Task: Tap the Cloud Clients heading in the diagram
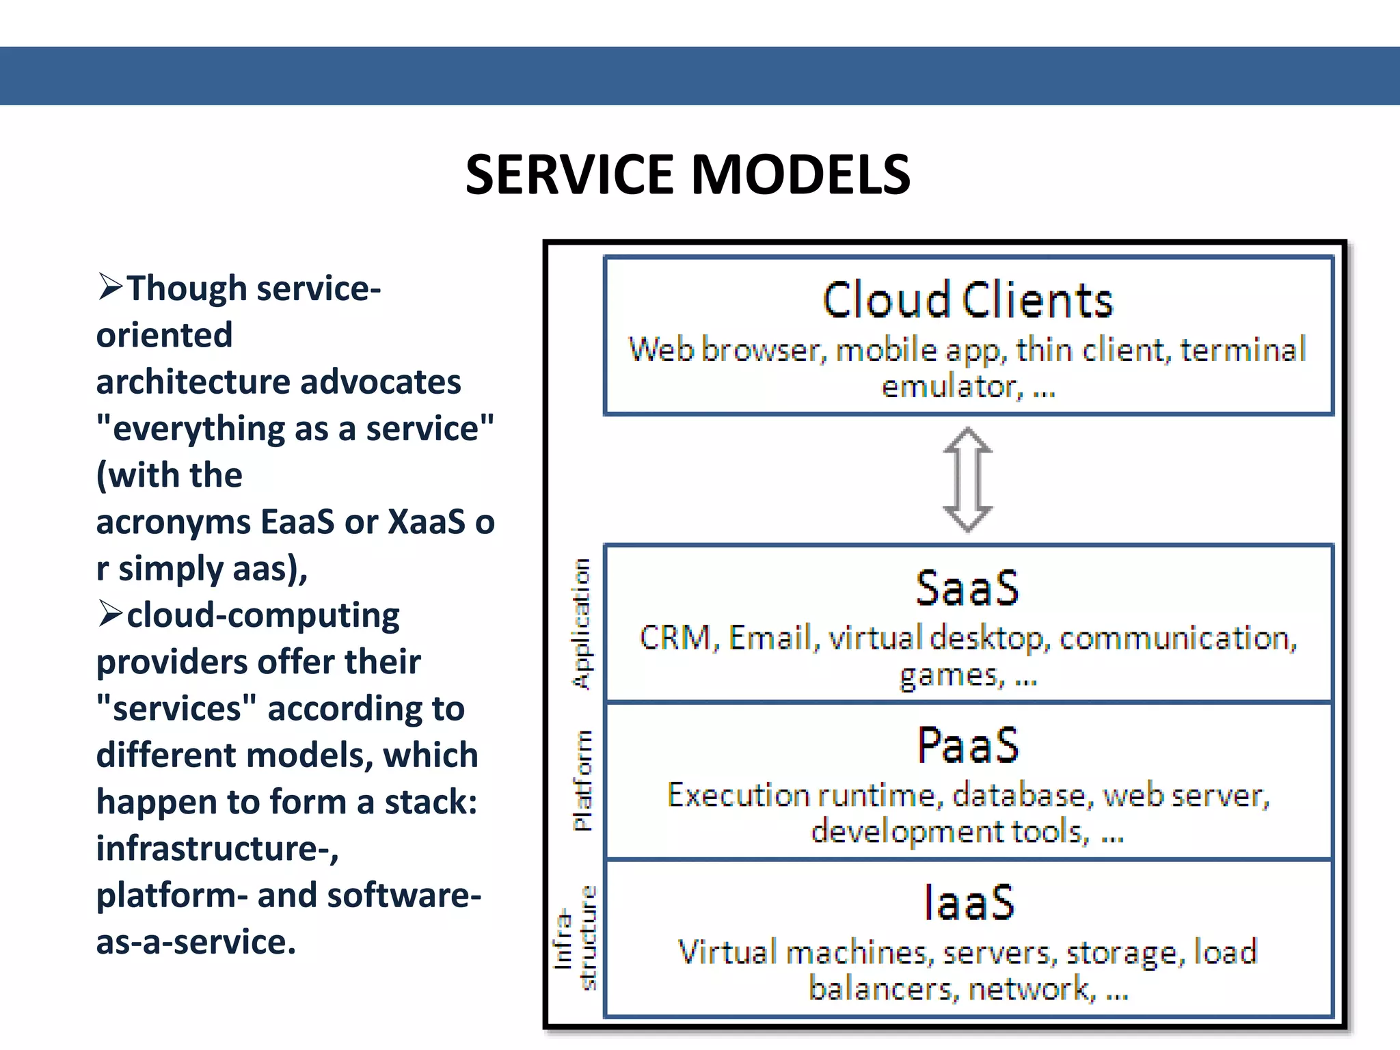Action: pos(967,301)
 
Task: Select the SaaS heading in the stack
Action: pos(967,589)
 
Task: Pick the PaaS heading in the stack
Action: pos(967,746)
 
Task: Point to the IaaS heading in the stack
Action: pos(969,903)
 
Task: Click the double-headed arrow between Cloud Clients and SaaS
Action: pos(967,479)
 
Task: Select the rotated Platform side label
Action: pos(582,780)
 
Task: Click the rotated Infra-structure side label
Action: pos(575,939)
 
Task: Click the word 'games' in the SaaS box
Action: pos(951,676)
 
